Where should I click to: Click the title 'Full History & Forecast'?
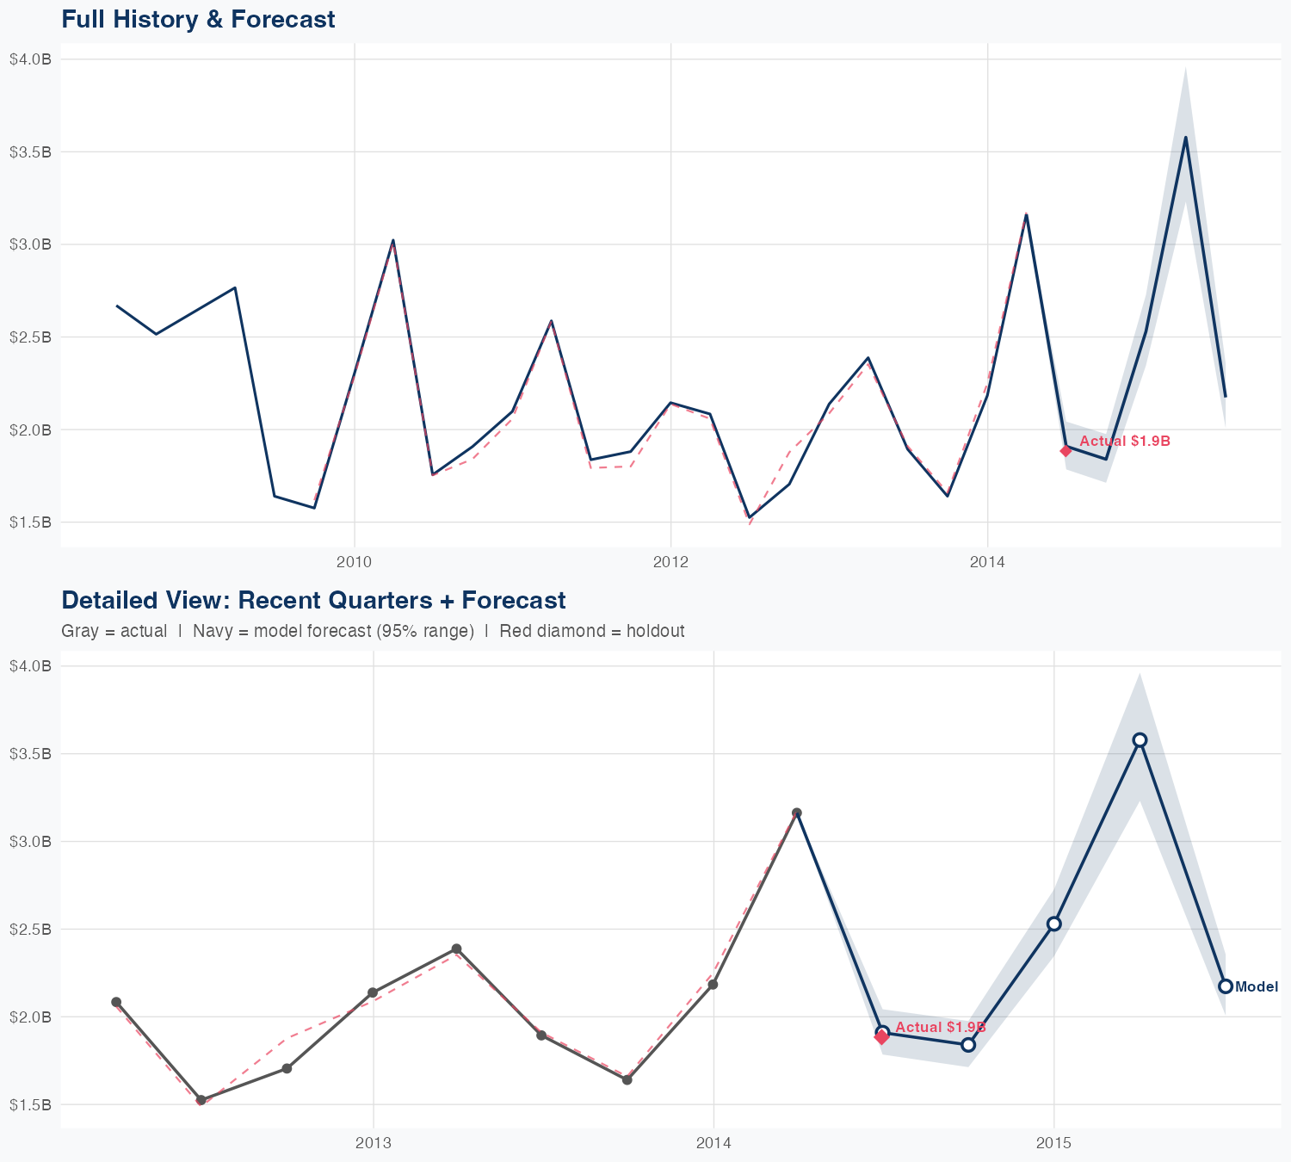(x=198, y=19)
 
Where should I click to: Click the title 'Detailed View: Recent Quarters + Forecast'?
(x=313, y=600)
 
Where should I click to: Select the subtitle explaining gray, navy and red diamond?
(x=373, y=631)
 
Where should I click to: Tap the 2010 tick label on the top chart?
(x=354, y=563)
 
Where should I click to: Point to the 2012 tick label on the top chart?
(x=670, y=563)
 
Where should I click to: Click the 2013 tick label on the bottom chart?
(x=373, y=1143)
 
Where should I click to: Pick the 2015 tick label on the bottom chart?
(x=1053, y=1143)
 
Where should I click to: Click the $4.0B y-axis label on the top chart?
(x=30, y=59)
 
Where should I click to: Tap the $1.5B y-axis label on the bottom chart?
(x=30, y=1104)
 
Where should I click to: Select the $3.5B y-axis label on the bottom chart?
(x=30, y=754)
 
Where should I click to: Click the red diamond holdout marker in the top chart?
(x=1066, y=450)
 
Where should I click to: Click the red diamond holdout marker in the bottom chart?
(x=881, y=1037)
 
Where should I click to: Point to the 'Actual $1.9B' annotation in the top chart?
(x=1125, y=441)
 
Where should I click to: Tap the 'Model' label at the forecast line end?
(x=1257, y=987)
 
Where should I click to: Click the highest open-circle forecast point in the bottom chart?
(x=1140, y=740)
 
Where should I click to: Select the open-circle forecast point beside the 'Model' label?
(x=1226, y=986)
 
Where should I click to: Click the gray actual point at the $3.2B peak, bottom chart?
(x=797, y=813)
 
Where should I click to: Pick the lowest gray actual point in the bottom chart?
(x=201, y=1100)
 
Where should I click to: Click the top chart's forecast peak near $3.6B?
(x=1185, y=138)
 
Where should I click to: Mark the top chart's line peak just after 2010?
(x=393, y=240)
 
